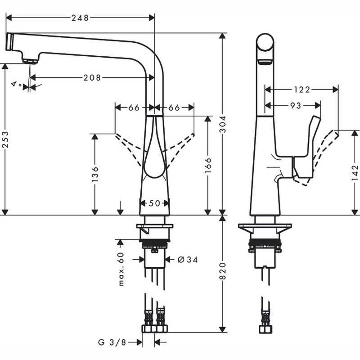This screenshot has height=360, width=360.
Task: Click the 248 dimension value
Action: [80, 18]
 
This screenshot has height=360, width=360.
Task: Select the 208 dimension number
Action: [92, 77]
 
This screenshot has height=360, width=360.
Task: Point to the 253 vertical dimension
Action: [6, 139]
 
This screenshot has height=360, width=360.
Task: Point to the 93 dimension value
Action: [296, 106]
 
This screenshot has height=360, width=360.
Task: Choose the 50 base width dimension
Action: [154, 203]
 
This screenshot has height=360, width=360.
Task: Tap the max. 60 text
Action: [121, 269]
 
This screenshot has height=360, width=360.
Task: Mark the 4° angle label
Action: [17, 84]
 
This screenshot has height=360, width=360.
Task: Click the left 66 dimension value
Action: [134, 108]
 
